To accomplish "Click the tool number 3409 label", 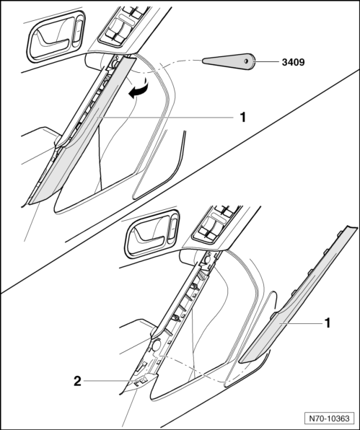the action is (293, 62).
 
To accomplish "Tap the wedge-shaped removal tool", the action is (229, 61).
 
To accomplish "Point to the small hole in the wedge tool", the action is (246, 61).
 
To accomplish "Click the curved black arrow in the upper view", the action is (139, 89).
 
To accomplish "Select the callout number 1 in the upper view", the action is (242, 118).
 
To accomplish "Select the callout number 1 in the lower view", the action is (327, 323).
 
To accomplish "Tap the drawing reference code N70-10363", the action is (329, 418).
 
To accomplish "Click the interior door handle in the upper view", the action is (56, 35).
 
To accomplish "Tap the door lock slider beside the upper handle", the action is (78, 31).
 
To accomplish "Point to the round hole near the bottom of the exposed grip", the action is (157, 346).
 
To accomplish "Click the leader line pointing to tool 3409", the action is (267, 62).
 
